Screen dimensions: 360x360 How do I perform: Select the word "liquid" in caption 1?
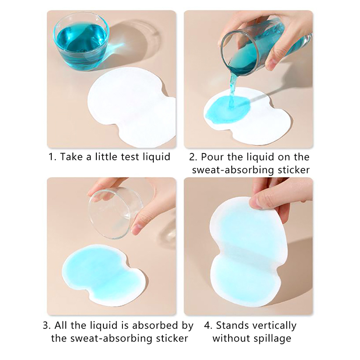pyautogui.click(x=156, y=157)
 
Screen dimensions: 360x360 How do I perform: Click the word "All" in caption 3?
pyautogui.click(x=61, y=325)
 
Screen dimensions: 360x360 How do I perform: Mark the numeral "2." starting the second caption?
pyautogui.click(x=193, y=157)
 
